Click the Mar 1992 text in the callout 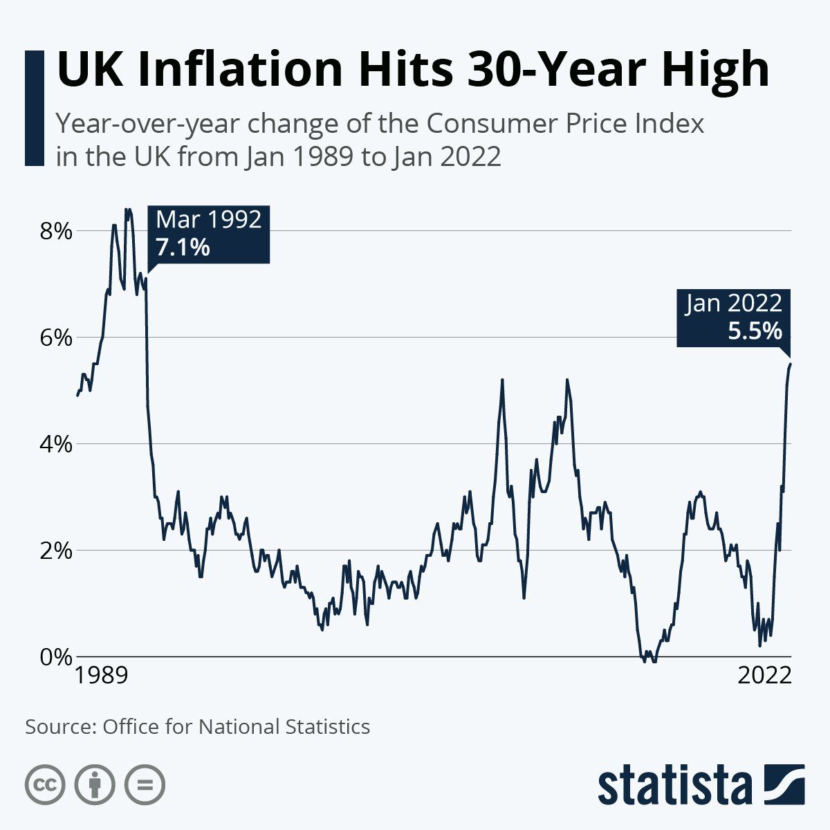click(209, 220)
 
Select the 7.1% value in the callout click(183, 246)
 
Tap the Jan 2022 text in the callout click(734, 304)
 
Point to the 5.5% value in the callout click(755, 331)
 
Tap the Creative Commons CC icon click(45, 785)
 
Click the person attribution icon click(95, 785)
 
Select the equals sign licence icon click(145, 785)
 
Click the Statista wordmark click(674, 786)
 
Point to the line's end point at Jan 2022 click(790, 364)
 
